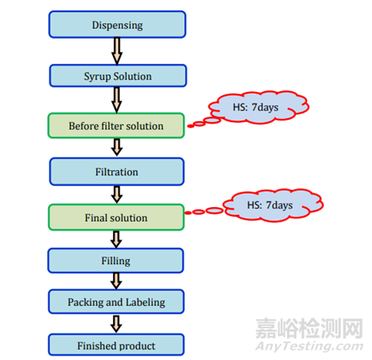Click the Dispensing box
click(118, 25)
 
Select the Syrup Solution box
click(118, 76)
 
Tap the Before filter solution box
click(116, 126)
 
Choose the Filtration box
click(117, 172)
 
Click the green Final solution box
click(116, 217)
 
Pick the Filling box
click(116, 260)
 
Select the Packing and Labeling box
click(116, 302)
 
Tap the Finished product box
click(116, 345)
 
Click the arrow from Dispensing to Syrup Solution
click(117, 51)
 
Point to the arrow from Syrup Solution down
click(117, 100)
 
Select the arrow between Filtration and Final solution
click(117, 195)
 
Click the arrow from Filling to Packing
click(116, 281)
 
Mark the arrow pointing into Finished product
click(116, 324)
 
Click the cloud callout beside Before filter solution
click(258, 107)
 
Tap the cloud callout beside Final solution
click(271, 205)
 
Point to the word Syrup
click(97, 76)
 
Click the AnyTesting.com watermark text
click(309, 346)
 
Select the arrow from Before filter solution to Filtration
click(117, 148)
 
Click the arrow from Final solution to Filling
click(116, 239)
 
